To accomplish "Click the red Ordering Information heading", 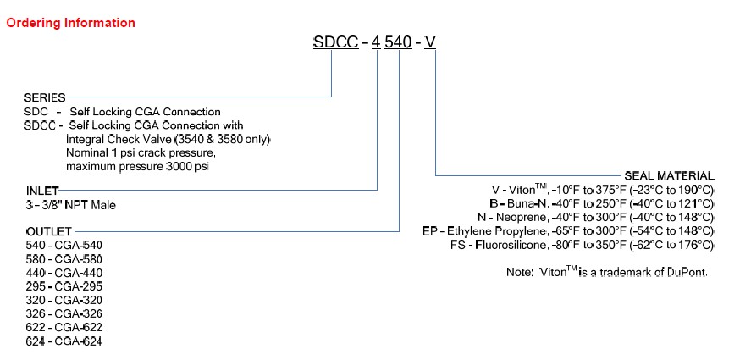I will point(71,23).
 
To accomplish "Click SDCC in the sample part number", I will point(334,42).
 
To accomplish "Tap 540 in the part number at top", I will point(399,42).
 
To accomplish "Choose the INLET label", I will point(41,191).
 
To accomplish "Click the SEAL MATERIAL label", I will point(669,176).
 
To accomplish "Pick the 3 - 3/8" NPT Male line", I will point(71,205).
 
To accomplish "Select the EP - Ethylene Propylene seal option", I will point(568,231).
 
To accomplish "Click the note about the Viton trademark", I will point(606,273).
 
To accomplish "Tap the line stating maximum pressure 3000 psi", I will point(137,166).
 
